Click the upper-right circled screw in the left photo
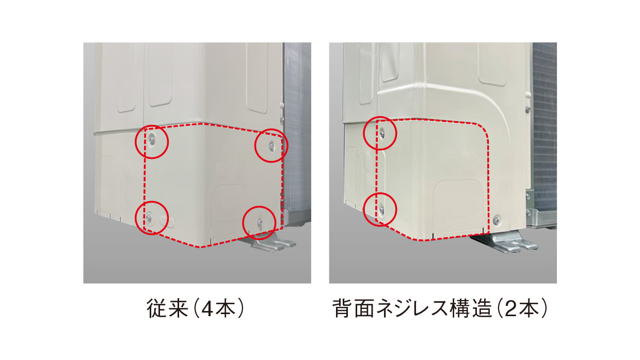(x=271, y=145)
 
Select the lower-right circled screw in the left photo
(x=260, y=222)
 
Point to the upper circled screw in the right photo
(x=382, y=132)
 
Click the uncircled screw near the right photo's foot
(x=497, y=220)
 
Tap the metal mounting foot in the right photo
(x=505, y=242)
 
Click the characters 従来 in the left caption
(x=167, y=308)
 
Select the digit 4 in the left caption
(x=207, y=309)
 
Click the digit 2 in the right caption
(x=511, y=309)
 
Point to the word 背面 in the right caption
(x=354, y=308)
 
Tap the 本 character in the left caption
(x=226, y=308)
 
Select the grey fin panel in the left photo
(x=297, y=128)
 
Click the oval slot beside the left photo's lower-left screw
(x=167, y=221)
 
